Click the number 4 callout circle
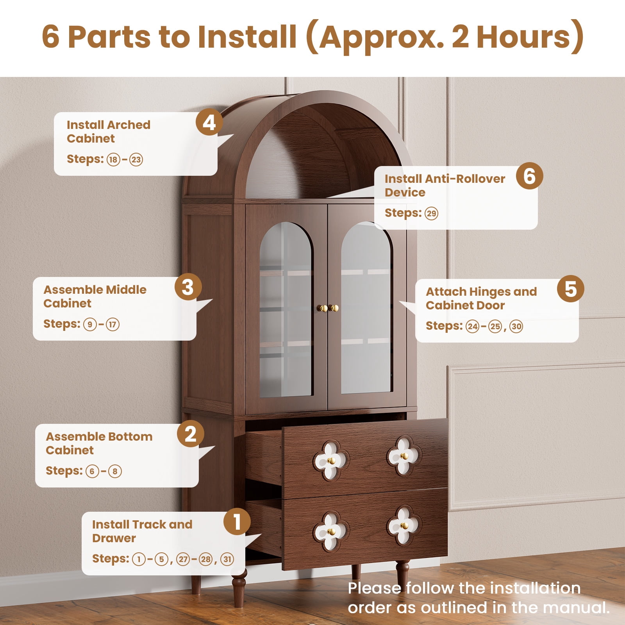point(209,122)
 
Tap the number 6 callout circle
point(529,176)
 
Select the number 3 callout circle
point(188,287)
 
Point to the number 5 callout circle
point(571,289)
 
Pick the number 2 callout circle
point(191,434)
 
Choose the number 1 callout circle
point(237,521)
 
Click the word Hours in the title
point(524,37)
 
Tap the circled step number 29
point(431,214)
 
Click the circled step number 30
point(516,327)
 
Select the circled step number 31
point(227,559)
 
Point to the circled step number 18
point(113,160)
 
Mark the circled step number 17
point(112,325)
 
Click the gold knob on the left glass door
point(323,308)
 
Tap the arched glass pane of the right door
point(366,308)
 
